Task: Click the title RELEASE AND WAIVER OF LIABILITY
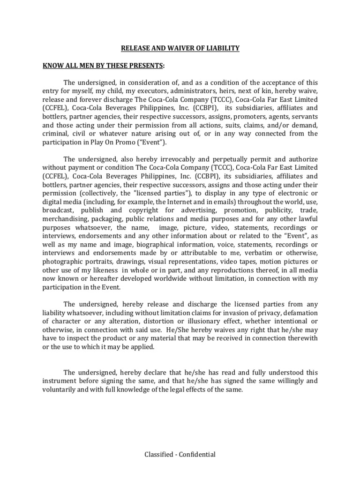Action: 180,48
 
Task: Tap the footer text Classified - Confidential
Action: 180,454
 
